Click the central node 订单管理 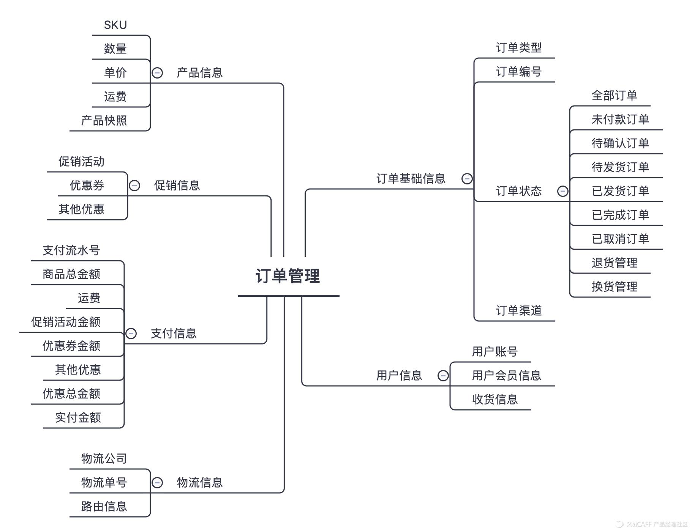point(288,276)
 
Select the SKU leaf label point(115,25)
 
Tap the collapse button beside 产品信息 point(157,72)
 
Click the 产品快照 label point(104,121)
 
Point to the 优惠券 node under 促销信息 point(87,185)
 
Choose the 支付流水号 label point(71,250)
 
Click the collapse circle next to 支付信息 point(131,334)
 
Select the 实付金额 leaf point(78,417)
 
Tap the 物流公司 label point(104,458)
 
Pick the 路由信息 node point(104,506)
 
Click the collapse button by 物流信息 point(157,483)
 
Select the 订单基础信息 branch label point(411,178)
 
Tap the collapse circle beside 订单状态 point(562,191)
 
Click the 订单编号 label point(518,71)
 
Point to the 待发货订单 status point(620,167)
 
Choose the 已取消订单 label point(620,239)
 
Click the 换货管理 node point(614,286)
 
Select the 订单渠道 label point(518,310)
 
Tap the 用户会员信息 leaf point(506,375)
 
